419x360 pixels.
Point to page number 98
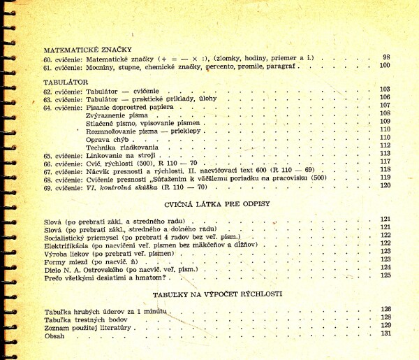click(386, 57)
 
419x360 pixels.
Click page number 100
click(384, 66)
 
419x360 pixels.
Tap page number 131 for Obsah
click(385, 333)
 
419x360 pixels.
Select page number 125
click(385, 275)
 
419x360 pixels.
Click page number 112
click(385, 145)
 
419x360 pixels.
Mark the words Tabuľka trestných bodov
click(82, 319)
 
